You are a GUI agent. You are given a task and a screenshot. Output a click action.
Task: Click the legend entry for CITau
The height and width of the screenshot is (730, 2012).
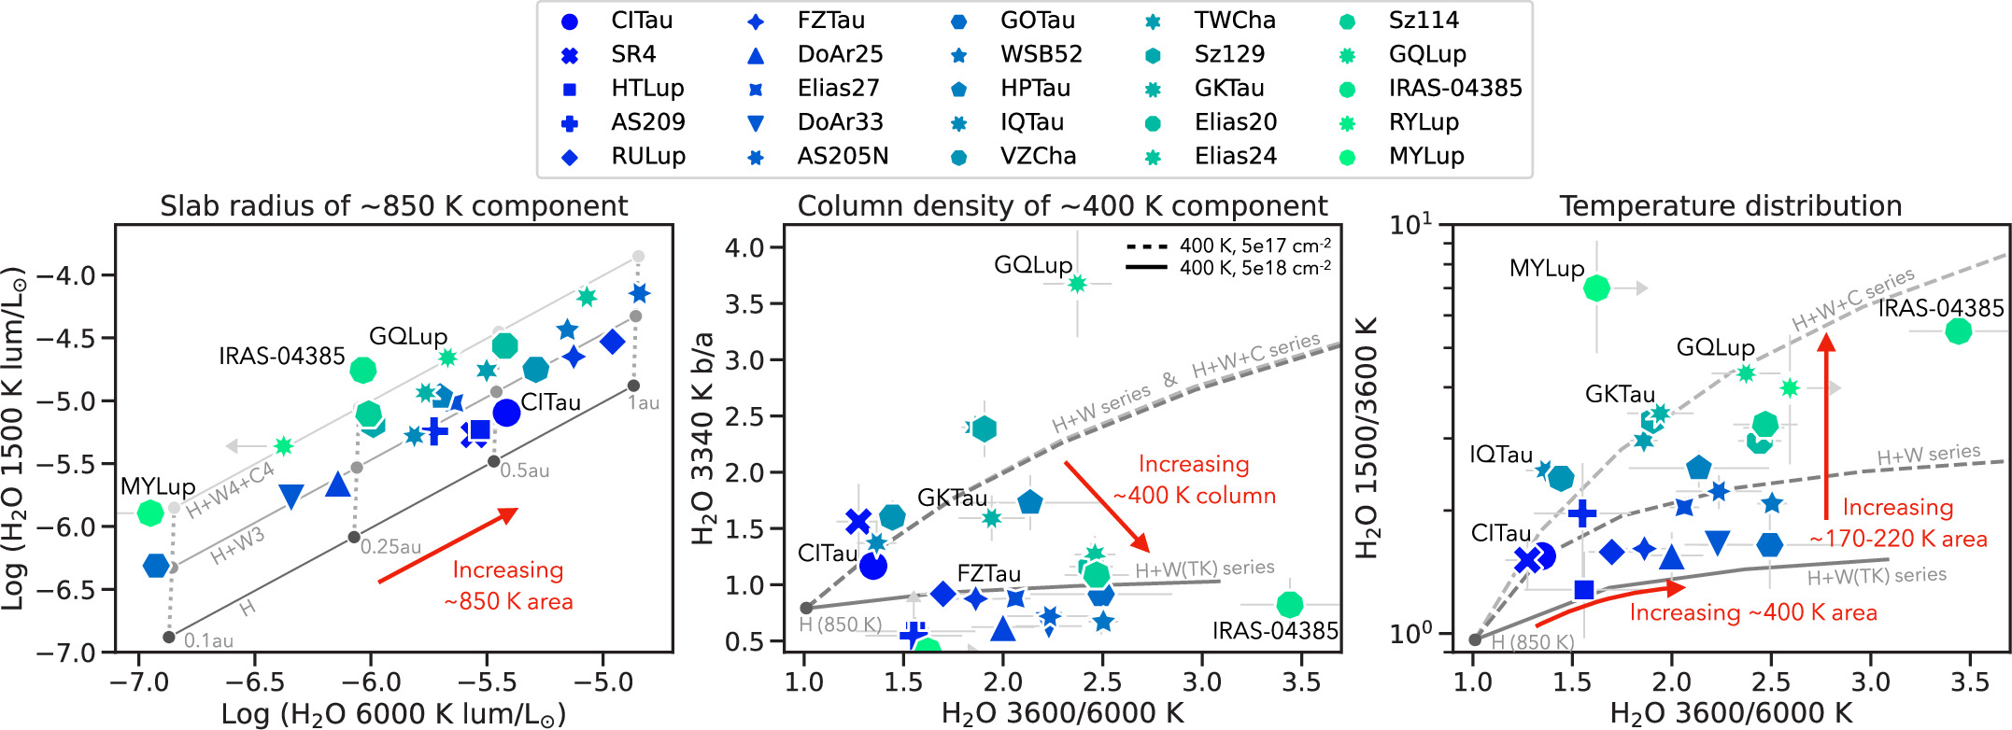click(616, 21)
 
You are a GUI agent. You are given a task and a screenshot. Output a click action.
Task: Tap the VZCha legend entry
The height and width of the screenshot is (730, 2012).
click(1013, 156)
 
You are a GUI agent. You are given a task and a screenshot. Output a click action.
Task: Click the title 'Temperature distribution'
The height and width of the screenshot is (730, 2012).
click(1730, 205)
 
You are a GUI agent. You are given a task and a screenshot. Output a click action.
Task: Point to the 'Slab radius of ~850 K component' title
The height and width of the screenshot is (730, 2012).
click(394, 205)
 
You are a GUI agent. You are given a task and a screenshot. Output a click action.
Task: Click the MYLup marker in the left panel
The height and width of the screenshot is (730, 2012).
click(150, 512)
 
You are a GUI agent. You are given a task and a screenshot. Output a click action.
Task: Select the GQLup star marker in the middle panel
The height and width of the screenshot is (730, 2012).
click(1077, 284)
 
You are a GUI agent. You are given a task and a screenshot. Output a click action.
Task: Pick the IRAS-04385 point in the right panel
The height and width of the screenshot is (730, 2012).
click(1958, 330)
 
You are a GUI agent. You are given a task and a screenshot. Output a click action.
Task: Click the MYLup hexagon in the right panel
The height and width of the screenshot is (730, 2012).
click(1596, 288)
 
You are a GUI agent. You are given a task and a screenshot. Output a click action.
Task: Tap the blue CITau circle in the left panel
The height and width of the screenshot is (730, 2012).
click(506, 412)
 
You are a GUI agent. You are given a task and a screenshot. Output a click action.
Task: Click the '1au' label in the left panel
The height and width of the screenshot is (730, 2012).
click(644, 403)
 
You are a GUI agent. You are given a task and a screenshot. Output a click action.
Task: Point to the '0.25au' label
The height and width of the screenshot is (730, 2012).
click(391, 547)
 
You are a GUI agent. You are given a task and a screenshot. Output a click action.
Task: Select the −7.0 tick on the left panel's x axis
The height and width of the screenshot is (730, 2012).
click(137, 682)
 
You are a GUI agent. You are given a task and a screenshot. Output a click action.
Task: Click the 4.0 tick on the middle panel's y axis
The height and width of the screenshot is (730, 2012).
click(745, 248)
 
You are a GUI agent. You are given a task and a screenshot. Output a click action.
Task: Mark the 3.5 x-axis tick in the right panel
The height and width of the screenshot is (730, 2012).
click(1970, 682)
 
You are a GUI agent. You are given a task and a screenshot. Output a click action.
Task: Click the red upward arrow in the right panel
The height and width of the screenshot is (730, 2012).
click(1826, 427)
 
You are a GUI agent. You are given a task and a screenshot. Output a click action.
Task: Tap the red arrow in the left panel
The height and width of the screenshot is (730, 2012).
click(447, 545)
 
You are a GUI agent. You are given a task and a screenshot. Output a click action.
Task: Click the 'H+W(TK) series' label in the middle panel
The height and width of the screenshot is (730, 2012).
click(1205, 568)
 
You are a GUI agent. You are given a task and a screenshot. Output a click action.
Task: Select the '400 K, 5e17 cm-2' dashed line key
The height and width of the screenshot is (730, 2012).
click(1228, 246)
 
